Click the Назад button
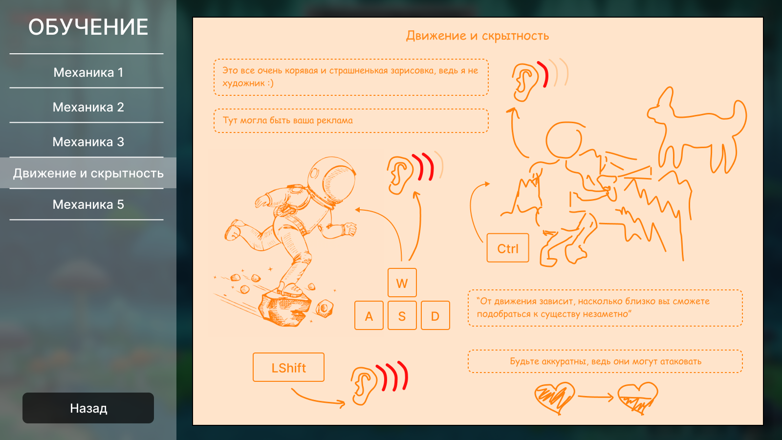pyautogui.click(x=88, y=408)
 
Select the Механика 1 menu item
pyautogui.click(x=88, y=72)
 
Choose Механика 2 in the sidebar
pyautogui.click(x=88, y=107)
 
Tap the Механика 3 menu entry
pyautogui.click(x=88, y=142)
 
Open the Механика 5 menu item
pyautogui.click(x=88, y=204)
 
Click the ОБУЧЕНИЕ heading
pyautogui.click(x=88, y=27)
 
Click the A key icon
pyautogui.click(x=369, y=315)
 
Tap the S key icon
pyautogui.click(x=402, y=315)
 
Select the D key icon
pyautogui.click(x=435, y=315)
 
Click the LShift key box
pyautogui.click(x=288, y=367)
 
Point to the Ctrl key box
pyautogui.click(x=508, y=248)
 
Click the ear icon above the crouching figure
pyautogui.click(x=525, y=83)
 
